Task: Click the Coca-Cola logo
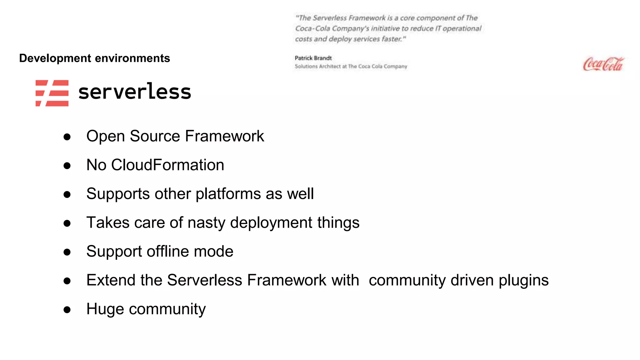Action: tap(603, 64)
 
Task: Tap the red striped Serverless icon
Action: tap(52, 93)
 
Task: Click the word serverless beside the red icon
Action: tap(135, 92)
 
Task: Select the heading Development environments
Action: tap(94, 58)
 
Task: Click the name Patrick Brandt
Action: tap(313, 58)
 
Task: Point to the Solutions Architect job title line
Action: tap(351, 67)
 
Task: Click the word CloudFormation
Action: tap(167, 165)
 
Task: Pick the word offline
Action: tap(168, 251)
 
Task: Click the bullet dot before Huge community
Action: tap(67, 310)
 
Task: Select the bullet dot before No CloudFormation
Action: tap(67, 166)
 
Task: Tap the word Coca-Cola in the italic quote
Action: tap(312, 29)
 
